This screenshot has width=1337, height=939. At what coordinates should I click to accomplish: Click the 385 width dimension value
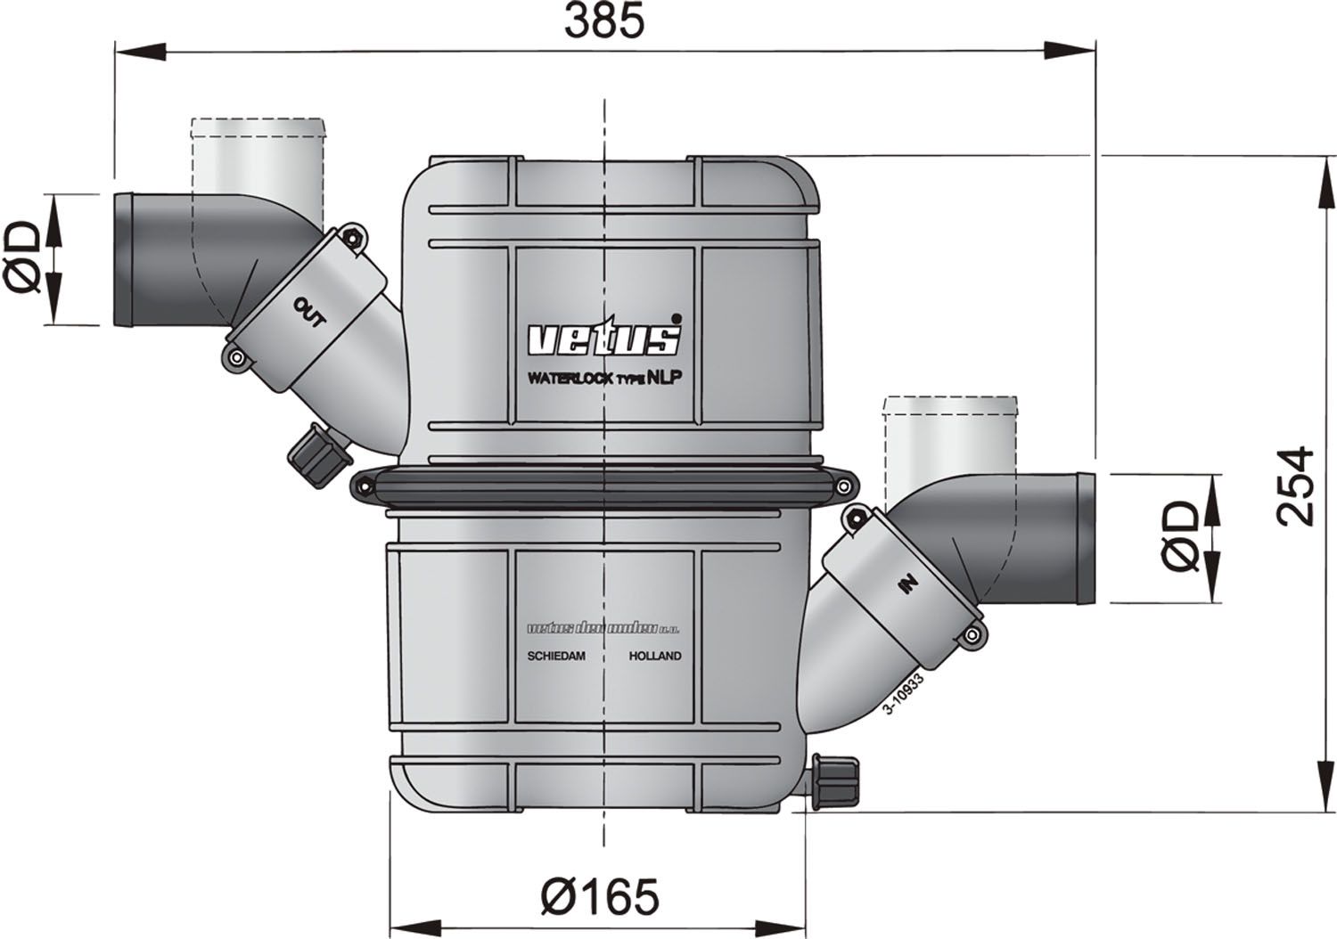(x=603, y=22)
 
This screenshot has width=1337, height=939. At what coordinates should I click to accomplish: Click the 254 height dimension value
(x=1294, y=486)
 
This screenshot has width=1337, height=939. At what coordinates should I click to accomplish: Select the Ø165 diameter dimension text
(x=600, y=896)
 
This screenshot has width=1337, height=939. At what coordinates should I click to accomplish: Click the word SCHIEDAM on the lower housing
(x=556, y=656)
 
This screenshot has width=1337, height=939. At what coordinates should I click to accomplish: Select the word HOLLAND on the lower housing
(x=655, y=656)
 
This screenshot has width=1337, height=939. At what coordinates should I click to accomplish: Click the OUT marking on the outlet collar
(x=310, y=311)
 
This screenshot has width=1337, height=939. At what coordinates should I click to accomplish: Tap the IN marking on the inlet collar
(x=908, y=584)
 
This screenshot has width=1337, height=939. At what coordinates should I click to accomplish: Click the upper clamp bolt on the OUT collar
(x=355, y=237)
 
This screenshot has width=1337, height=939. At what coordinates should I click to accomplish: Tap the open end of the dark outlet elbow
(x=123, y=259)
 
